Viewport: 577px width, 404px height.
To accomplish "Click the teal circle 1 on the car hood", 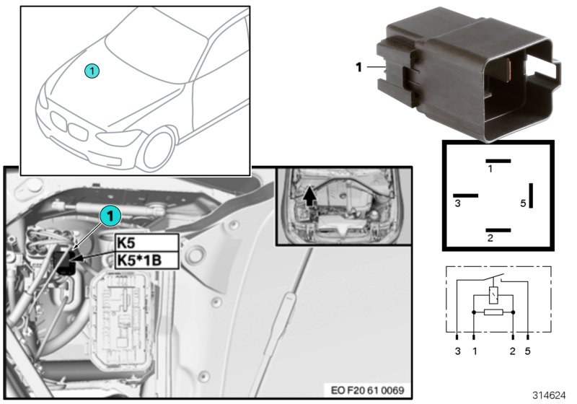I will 92,70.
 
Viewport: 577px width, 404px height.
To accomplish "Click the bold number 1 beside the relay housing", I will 358,68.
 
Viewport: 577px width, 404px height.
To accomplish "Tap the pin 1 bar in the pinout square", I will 498,160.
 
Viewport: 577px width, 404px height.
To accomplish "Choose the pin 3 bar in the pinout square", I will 465,195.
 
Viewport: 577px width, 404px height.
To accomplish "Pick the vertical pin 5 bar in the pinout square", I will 532,195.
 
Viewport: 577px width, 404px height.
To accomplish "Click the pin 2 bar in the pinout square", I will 498,230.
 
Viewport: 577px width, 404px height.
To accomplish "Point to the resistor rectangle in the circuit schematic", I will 493,313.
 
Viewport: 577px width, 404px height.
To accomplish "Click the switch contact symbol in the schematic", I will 494,278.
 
